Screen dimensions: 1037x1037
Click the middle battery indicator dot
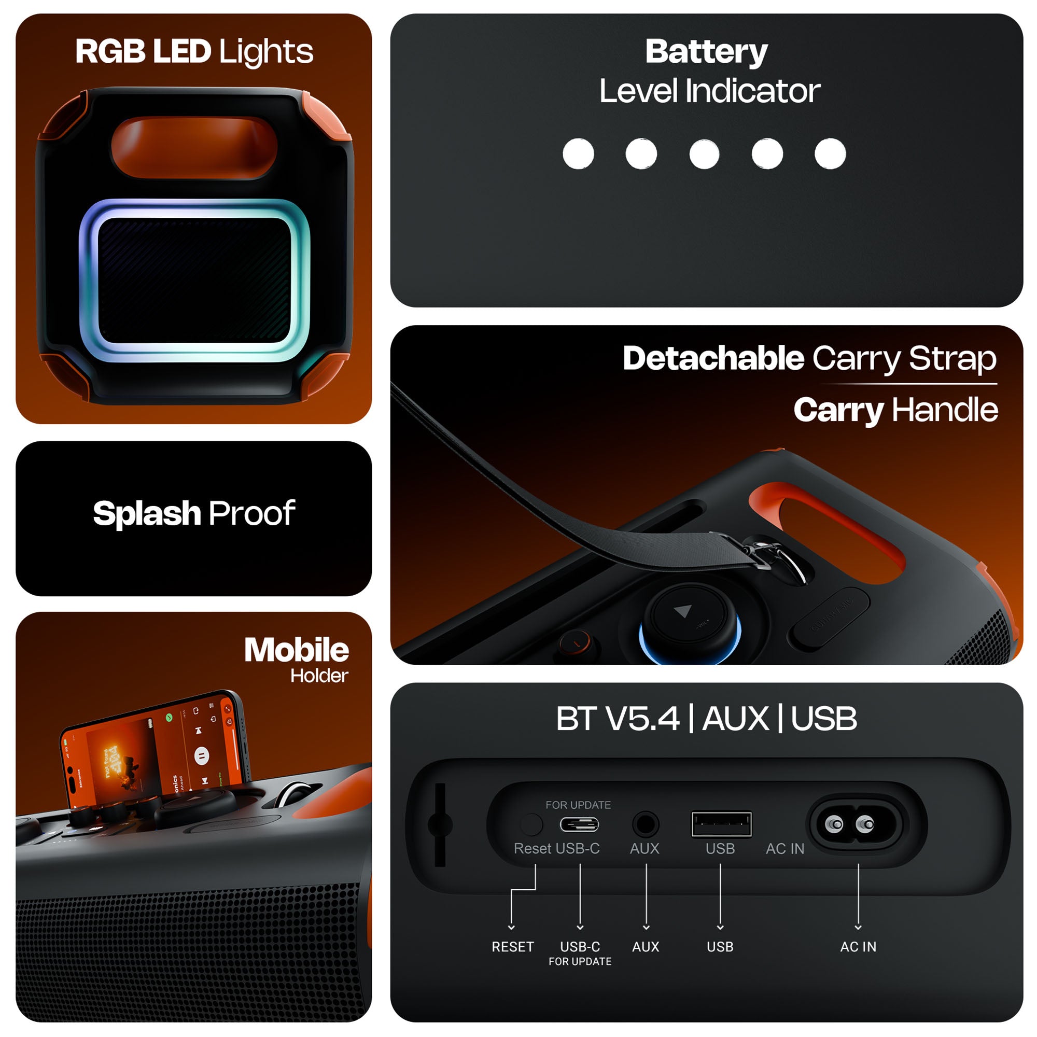pos(704,154)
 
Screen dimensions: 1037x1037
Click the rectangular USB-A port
pos(721,824)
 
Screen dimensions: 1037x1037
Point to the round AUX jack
pos(645,824)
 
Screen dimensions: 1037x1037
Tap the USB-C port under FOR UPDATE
pos(579,824)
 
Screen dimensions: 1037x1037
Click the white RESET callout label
pos(513,947)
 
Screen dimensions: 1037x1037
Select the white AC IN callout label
pos(858,947)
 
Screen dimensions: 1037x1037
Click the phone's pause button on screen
pos(201,756)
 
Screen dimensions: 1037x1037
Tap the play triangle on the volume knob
pos(683,611)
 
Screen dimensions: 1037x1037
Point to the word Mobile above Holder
pos(296,650)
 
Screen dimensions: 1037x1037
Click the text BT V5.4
pos(617,719)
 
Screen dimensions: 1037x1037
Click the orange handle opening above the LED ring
pos(194,147)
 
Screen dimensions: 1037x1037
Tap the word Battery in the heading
pos(706,52)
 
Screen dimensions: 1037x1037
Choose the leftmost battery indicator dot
pos(578,154)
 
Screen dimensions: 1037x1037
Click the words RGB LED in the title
pos(143,51)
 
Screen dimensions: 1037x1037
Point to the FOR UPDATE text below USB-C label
pos(580,962)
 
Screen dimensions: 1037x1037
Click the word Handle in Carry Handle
pos(944,410)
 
